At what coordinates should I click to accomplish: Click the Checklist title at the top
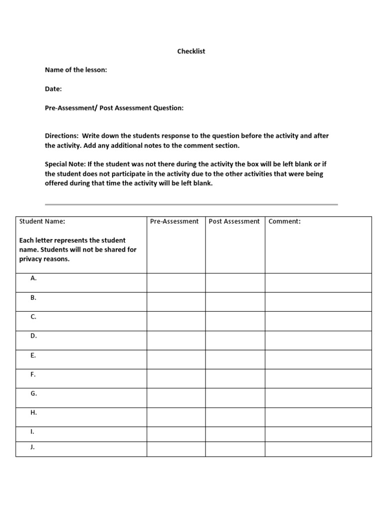pyautogui.click(x=191, y=51)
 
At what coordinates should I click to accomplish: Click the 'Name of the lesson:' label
pyautogui.click(x=76, y=70)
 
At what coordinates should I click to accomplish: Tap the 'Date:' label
pyautogui.click(x=53, y=89)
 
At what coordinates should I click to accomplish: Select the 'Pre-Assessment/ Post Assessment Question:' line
pyautogui.click(x=114, y=108)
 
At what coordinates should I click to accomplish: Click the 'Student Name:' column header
pyautogui.click(x=42, y=221)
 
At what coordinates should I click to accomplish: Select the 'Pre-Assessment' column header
pyautogui.click(x=174, y=221)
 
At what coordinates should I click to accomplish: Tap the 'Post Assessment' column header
pyautogui.click(x=234, y=221)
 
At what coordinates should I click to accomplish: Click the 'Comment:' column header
pyautogui.click(x=284, y=221)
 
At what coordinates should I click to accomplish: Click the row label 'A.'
pyautogui.click(x=33, y=278)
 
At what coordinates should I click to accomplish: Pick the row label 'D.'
pyautogui.click(x=33, y=336)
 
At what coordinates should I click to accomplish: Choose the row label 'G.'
pyautogui.click(x=33, y=393)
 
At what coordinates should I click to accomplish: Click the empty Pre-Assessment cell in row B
pyautogui.click(x=176, y=302)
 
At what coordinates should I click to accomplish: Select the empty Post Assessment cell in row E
pyautogui.click(x=235, y=359)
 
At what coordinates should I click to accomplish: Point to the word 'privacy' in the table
pyautogui.click(x=31, y=259)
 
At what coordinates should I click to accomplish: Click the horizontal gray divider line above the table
pyautogui.click(x=191, y=204)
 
